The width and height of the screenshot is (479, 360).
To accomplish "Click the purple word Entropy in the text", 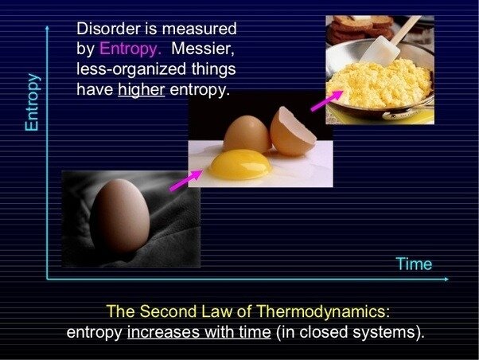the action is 130,49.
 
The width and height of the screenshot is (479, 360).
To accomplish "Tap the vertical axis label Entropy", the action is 33,102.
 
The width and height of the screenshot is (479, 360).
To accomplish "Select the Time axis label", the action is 414,264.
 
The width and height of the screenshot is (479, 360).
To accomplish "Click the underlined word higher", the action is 142,90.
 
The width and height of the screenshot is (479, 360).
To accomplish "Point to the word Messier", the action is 203,49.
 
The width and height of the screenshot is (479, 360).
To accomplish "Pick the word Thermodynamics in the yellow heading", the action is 323,311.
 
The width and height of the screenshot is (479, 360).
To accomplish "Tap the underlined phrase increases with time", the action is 199,332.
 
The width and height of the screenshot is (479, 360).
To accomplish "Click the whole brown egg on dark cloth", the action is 120,216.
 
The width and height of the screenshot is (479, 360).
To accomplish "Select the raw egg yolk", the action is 240,164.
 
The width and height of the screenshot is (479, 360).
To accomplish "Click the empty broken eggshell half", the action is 292,132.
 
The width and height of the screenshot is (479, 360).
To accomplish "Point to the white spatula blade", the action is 380,50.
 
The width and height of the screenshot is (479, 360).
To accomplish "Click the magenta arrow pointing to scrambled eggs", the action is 327,101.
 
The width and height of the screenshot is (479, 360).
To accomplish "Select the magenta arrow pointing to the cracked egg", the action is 186,181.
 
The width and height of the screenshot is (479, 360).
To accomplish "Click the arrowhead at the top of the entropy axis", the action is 47,29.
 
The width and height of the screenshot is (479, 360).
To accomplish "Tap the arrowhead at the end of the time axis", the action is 446,279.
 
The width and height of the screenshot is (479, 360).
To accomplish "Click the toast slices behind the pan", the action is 360,28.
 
